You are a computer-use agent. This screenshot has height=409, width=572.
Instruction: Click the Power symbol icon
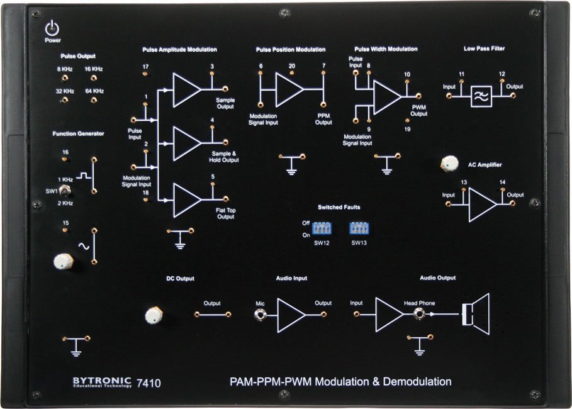[x=52, y=28]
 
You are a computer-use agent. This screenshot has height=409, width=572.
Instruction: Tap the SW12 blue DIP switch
[x=322, y=227]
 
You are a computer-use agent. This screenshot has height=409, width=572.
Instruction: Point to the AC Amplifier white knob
[x=448, y=164]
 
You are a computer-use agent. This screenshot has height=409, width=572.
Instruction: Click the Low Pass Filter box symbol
[x=481, y=96]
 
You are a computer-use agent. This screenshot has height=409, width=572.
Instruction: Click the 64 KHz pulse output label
[x=94, y=91]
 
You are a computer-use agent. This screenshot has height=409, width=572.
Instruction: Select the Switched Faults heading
[x=339, y=206]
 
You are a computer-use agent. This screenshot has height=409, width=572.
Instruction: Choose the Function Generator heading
[x=79, y=133]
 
